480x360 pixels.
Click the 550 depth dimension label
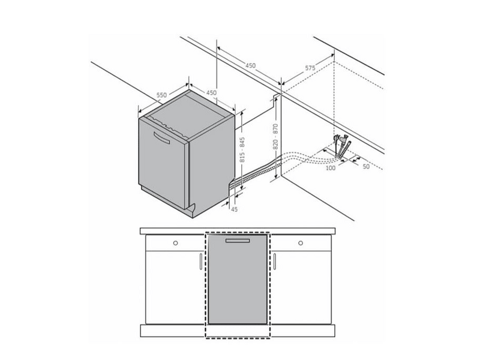[161, 95]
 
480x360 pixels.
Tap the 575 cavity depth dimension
[310, 68]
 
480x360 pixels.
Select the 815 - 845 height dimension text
[242, 149]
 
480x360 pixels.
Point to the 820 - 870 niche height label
[275, 137]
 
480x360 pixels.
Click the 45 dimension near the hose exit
[234, 209]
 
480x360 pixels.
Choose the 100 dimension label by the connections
[331, 168]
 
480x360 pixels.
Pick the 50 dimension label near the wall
[366, 167]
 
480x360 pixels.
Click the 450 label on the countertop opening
[250, 65]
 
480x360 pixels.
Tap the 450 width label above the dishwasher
[211, 92]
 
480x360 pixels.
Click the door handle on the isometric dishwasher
[161, 137]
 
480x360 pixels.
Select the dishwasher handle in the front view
[238, 241]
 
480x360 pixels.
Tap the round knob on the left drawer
[175, 243]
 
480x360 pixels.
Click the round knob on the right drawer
[301, 243]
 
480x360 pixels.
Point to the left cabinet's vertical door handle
[201, 262]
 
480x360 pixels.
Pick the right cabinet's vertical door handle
[275, 262]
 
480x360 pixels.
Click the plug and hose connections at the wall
[342, 146]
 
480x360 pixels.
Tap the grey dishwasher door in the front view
[238, 279]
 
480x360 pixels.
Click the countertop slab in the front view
[238, 231]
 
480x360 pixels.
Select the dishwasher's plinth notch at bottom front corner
[192, 211]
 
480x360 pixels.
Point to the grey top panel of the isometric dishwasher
[187, 115]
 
